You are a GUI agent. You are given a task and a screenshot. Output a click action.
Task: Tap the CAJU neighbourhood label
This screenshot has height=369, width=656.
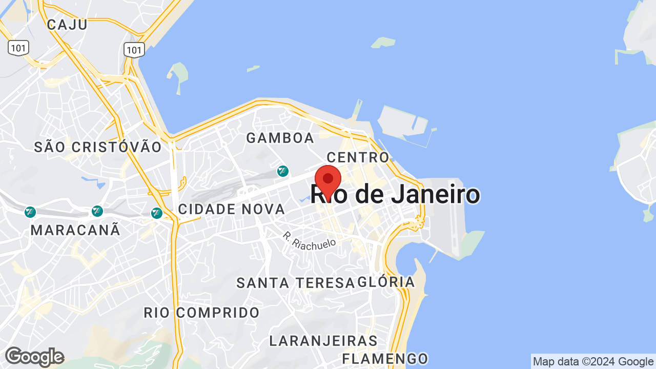pyautogui.click(x=67, y=24)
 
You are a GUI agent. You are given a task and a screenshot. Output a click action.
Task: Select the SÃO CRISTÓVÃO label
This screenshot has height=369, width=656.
pyautogui.click(x=98, y=147)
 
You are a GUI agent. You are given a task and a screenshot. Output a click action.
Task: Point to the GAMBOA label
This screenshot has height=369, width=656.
pyautogui.click(x=280, y=138)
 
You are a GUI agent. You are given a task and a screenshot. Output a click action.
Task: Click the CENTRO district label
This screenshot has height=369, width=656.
pyautogui.click(x=358, y=157)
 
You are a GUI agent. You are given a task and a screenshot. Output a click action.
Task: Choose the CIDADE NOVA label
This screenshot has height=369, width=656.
pyautogui.click(x=231, y=209)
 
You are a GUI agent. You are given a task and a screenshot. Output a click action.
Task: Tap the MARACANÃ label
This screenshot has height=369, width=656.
pyautogui.click(x=75, y=230)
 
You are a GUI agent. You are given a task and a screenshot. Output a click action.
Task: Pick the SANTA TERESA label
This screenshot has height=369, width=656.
pyautogui.click(x=295, y=282)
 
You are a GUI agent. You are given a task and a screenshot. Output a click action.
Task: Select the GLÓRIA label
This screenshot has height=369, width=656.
pyautogui.click(x=386, y=282)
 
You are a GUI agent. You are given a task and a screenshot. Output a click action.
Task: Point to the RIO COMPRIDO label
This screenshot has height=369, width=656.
pyautogui.click(x=201, y=313)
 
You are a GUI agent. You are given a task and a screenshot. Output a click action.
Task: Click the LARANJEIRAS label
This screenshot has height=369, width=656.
pyautogui.click(x=323, y=341)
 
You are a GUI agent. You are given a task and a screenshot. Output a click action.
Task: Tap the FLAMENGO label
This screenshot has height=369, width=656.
pyautogui.click(x=385, y=358)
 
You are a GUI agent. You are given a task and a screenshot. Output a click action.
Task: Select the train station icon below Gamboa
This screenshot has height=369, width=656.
pyautogui.click(x=282, y=171)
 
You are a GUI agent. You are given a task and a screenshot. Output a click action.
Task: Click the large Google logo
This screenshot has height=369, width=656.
pyautogui.click(x=34, y=357)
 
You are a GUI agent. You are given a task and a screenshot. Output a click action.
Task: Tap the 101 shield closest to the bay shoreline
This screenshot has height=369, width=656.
pyautogui.click(x=134, y=50)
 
